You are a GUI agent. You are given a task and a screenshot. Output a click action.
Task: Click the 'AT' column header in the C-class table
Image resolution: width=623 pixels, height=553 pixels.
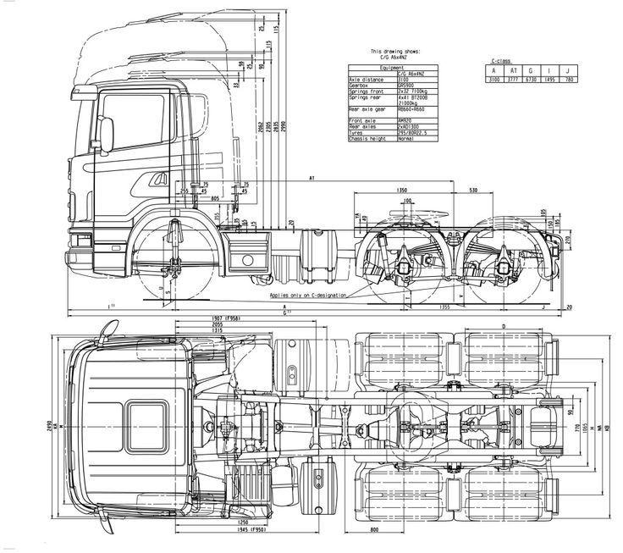(510, 71)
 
